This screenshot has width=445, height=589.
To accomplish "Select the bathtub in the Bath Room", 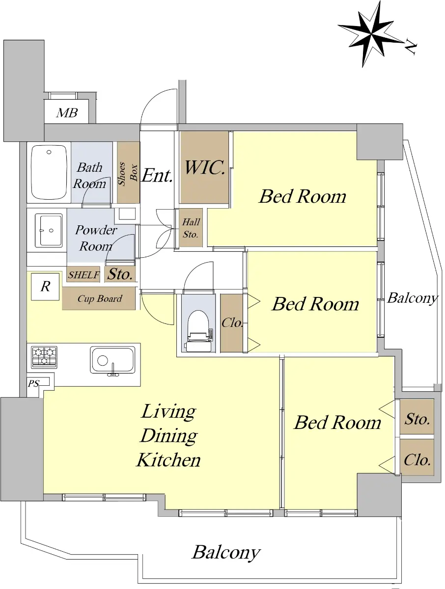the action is click(x=49, y=172).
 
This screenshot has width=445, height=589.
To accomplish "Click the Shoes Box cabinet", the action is click(x=128, y=172).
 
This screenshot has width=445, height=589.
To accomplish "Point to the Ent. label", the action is click(x=157, y=176).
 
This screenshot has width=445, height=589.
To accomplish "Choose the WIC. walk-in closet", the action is click(x=204, y=167).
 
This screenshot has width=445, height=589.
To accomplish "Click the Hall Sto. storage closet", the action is click(x=191, y=228).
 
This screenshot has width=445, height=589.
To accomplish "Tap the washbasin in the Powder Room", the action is click(x=49, y=231).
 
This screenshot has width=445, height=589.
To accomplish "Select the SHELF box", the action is click(x=83, y=274).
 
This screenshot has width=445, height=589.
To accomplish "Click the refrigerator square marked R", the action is click(x=45, y=287).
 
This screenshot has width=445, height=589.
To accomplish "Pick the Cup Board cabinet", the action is click(x=99, y=298).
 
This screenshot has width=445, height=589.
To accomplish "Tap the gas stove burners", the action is click(x=44, y=357).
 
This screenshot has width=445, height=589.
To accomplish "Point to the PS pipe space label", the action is click(x=34, y=383).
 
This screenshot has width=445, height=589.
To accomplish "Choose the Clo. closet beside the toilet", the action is click(x=231, y=323).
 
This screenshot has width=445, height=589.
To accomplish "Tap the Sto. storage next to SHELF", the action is click(x=120, y=274).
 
